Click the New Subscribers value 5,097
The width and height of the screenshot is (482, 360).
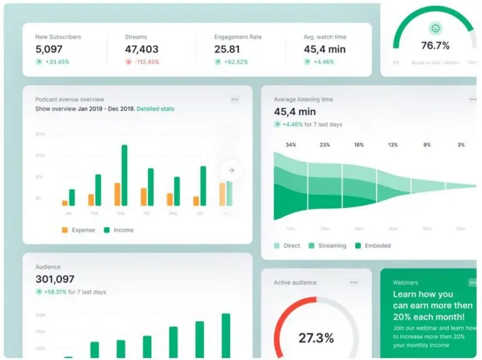(x=49, y=49)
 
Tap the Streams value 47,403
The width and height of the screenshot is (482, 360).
(x=141, y=49)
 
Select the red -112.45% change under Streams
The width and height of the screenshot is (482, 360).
(x=146, y=62)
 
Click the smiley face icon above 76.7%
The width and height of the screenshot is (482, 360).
(x=436, y=28)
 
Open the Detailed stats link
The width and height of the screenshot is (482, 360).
(x=155, y=109)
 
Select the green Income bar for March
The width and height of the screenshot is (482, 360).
(x=124, y=175)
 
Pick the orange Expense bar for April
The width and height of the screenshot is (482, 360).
(x=143, y=196)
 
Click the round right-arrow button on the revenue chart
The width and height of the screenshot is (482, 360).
(x=231, y=170)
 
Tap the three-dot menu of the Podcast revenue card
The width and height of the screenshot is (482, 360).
(x=235, y=99)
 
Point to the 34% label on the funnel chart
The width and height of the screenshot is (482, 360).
(x=291, y=145)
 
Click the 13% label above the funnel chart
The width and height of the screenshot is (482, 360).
(x=393, y=145)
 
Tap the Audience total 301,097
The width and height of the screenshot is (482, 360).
(x=55, y=279)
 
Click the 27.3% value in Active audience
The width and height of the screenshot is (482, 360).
(x=317, y=338)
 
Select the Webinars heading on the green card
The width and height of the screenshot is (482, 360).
(x=405, y=283)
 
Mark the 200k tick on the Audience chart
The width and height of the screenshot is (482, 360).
(x=40, y=315)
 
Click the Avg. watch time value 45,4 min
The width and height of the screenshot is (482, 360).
(x=324, y=49)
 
